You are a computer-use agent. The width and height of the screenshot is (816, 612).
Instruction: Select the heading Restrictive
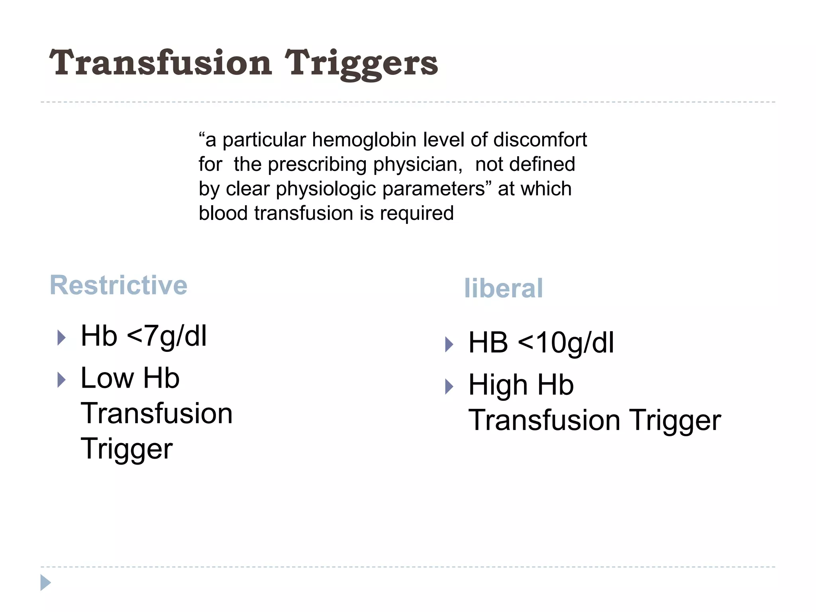(x=118, y=285)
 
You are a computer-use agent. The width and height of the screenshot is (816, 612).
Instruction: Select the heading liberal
(x=503, y=288)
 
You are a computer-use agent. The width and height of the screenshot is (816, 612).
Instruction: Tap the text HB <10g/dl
(x=541, y=343)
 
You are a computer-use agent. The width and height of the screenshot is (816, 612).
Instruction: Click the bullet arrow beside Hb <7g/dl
(x=61, y=337)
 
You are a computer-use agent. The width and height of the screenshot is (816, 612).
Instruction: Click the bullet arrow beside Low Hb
(x=61, y=380)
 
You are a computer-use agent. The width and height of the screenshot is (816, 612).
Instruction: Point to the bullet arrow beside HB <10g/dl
(x=449, y=344)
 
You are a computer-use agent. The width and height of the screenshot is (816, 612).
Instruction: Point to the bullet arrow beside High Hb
(x=449, y=386)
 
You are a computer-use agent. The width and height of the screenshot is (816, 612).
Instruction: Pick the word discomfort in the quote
(x=540, y=140)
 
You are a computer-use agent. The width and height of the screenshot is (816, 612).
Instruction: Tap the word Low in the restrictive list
(x=107, y=378)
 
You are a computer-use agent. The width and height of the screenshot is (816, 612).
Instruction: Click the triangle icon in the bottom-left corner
(x=45, y=583)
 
